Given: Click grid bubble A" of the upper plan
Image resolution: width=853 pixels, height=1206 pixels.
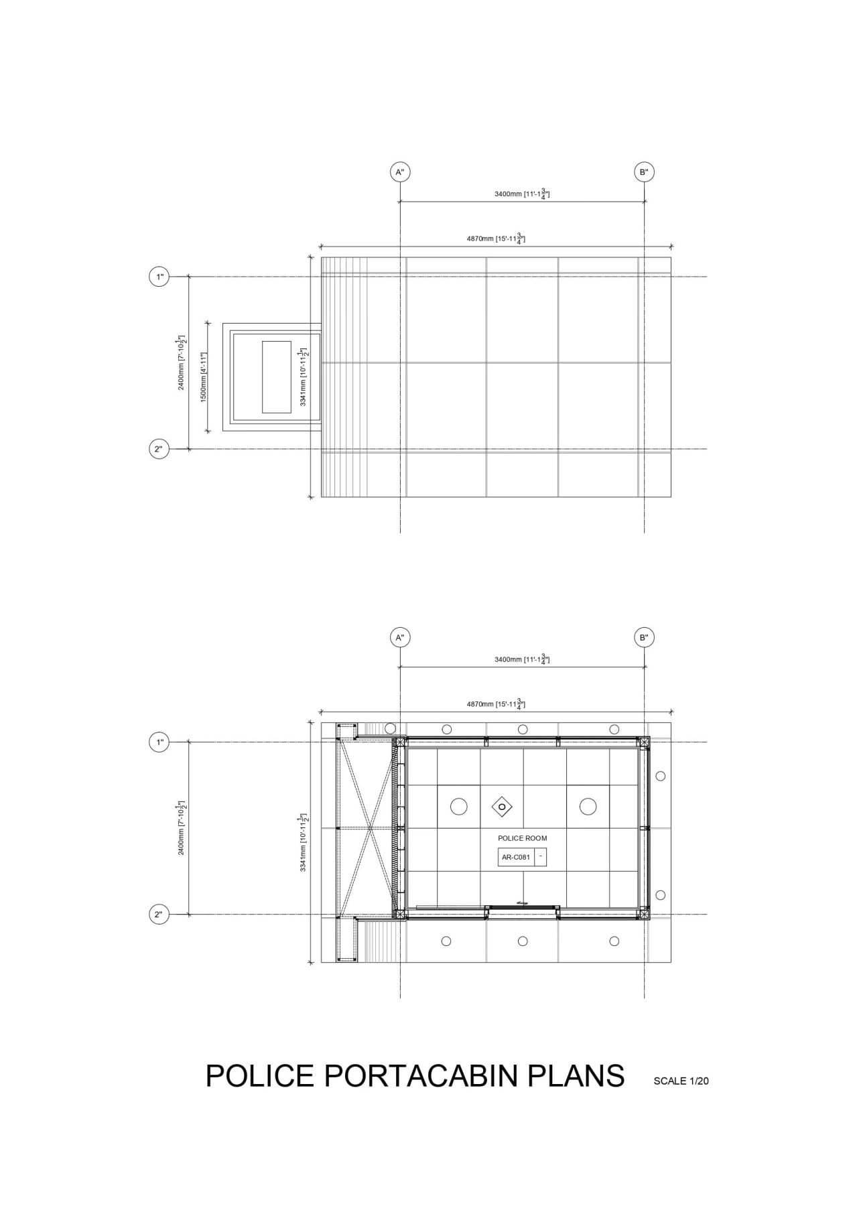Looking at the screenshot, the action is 400,172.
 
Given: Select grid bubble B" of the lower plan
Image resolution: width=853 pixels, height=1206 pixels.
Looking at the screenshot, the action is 644,637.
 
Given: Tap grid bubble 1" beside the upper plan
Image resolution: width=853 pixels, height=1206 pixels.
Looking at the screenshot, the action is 159,276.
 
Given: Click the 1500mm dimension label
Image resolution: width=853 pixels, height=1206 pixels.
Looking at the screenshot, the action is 204,377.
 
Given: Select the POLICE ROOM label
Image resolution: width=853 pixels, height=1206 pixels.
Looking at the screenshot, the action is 522,838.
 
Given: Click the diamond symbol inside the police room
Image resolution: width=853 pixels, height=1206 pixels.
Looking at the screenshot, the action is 502,807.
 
